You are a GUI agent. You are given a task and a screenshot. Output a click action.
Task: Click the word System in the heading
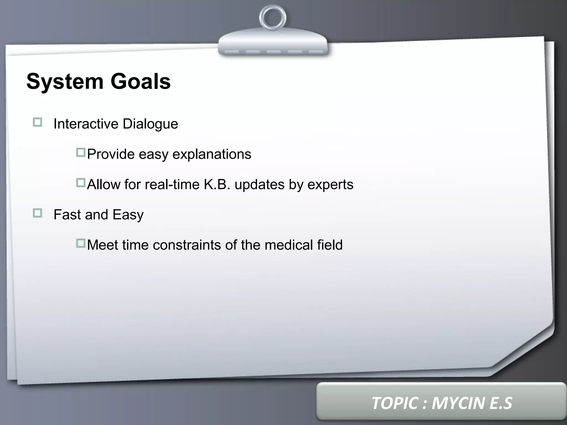click(x=65, y=82)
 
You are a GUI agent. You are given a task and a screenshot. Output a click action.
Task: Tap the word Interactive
click(x=86, y=124)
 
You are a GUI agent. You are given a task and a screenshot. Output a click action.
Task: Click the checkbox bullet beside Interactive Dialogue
click(x=37, y=122)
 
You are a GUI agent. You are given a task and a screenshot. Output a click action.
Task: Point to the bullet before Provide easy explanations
click(x=81, y=152)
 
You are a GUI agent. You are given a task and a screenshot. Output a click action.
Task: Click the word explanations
click(x=212, y=154)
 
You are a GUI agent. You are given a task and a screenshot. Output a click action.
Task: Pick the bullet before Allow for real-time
click(x=81, y=183)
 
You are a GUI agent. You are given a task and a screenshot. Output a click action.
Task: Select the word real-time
click(x=172, y=184)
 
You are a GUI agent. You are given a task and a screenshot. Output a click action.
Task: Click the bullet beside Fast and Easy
click(x=37, y=213)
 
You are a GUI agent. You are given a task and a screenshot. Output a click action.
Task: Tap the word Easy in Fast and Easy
click(x=128, y=215)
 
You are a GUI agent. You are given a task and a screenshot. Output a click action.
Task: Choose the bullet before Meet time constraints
click(x=81, y=243)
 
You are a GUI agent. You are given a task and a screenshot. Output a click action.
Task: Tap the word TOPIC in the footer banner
click(x=395, y=403)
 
